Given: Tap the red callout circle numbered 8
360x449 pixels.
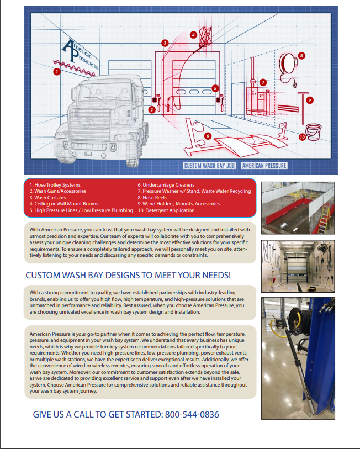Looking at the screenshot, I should (x=301, y=55).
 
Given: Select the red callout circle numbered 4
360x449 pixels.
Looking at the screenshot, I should (x=193, y=34).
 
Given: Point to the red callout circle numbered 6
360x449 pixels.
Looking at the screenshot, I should (x=208, y=135).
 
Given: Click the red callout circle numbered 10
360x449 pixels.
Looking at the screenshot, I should (x=302, y=137).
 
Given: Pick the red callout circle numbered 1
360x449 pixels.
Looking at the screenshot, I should (x=56, y=71).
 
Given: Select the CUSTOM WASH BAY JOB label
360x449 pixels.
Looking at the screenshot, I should (x=210, y=165).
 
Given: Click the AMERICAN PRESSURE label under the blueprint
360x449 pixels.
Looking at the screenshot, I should (x=264, y=165).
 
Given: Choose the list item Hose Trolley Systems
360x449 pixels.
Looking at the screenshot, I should (x=55, y=185).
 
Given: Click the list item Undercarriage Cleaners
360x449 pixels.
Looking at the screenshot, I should (x=166, y=185).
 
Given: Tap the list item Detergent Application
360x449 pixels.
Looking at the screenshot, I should (x=166, y=210).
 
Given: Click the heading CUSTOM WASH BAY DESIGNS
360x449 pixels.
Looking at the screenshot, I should (x=128, y=275).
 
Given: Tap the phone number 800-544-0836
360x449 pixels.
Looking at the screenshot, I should (x=195, y=415).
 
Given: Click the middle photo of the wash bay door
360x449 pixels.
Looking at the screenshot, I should (x=296, y=266).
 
